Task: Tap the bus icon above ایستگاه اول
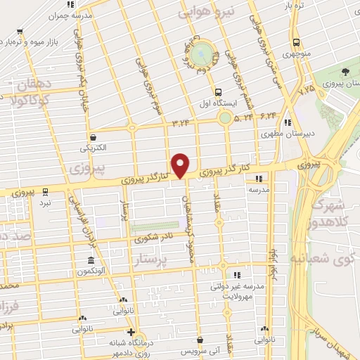pos(218,91)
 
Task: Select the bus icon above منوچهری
pos(296,41)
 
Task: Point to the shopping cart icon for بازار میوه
pos(19,31)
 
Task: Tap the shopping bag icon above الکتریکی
pos(94,137)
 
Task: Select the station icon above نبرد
pos(45,190)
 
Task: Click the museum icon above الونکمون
pos(93,259)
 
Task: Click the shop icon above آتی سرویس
pos(200,340)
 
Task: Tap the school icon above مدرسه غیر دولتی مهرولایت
pos(237,274)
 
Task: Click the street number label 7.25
pos(307,91)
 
